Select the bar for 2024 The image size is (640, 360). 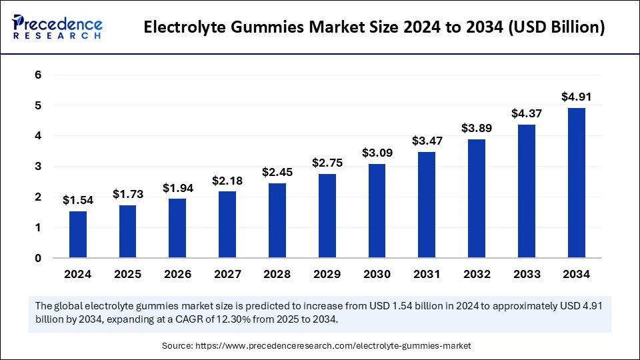pos(78,234)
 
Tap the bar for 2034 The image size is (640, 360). pos(577,183)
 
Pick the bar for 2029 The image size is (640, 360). pos(327,215)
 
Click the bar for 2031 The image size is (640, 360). pos(427,205)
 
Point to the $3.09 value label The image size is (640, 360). pos(377,153)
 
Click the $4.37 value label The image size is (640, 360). pos(527,113)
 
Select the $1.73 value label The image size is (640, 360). pos(128,194)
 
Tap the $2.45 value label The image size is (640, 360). pos(277,172)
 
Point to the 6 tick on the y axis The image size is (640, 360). pos(38,75)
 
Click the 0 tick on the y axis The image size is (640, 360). pos(38,258)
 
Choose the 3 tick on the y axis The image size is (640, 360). pos(38,167)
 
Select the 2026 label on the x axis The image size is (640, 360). pos(178,274)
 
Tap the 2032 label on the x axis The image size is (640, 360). pos(477,274)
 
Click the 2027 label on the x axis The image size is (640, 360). pos(227,274)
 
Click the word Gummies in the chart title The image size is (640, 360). pos(259,28)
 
